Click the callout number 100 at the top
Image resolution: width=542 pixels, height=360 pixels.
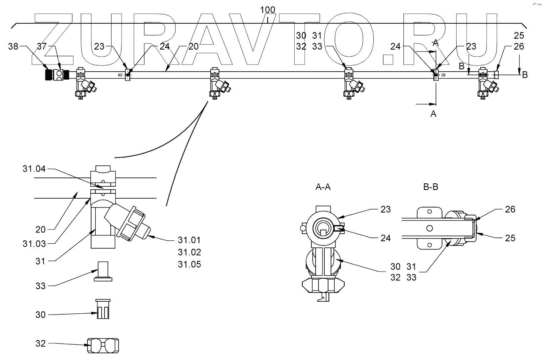point(267,10)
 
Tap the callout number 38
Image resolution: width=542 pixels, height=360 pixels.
point(13,46)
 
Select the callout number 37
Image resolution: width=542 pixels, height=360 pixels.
point(42,46)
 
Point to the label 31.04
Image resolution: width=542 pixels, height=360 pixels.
point(34,169)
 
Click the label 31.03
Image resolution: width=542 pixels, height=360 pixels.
point(34,244)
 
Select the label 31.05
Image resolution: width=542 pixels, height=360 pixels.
point(189,264)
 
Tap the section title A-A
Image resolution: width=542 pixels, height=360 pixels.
point(323,187)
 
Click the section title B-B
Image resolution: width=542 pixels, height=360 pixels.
point(431,187)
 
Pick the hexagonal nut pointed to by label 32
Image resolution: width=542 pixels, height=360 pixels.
point(103,345)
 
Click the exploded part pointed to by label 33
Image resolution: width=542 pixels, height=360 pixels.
point(103,271)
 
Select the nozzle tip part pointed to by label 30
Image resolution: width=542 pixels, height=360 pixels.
point(103,309)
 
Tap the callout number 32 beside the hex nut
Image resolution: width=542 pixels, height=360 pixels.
point(40,343)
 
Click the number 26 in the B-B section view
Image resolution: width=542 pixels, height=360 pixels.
point(510,209)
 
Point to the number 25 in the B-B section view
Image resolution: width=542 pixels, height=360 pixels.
point(510,238)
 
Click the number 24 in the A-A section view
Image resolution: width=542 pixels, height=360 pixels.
point(385,238)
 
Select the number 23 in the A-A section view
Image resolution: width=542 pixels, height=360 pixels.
point(385,209)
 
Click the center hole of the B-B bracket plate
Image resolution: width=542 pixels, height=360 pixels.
point(430,228)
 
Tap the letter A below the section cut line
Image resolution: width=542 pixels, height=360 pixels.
point(433,114)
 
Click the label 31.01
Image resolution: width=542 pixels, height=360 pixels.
point(189,240)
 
